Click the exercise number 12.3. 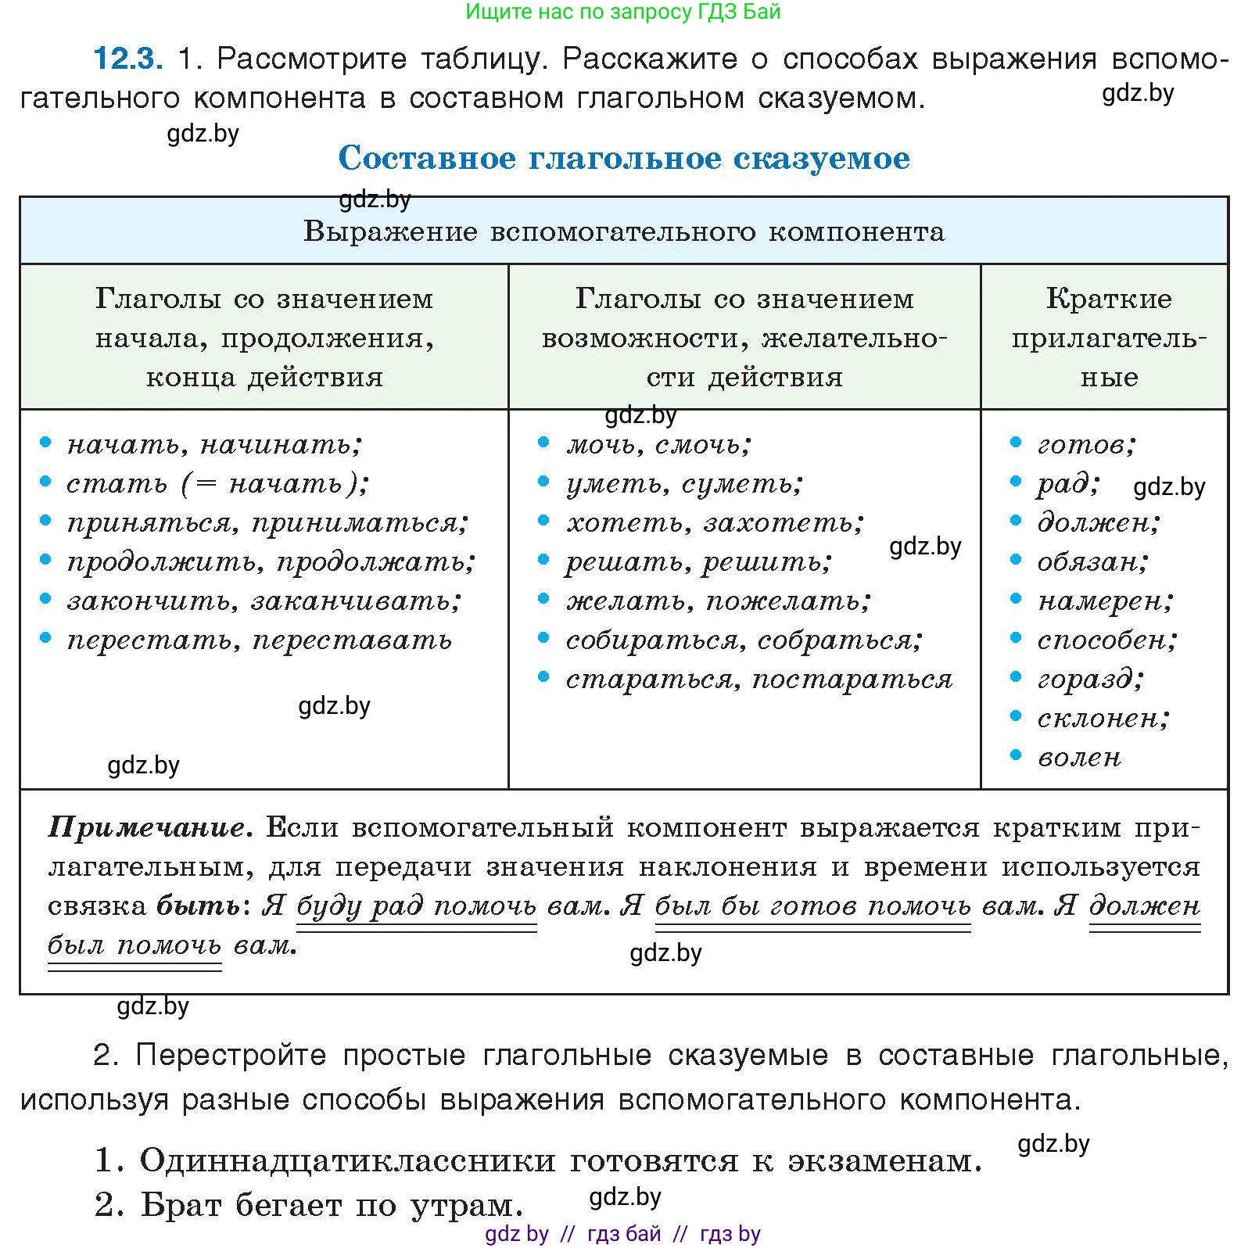click(127, 59)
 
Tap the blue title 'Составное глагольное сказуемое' click(624, 158)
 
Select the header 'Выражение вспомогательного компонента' click(624, 231)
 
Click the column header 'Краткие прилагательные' click(1108, 338)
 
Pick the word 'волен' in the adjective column click(1079, 757)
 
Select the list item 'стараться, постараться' click(758, 679)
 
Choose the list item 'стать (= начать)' click(217, 483)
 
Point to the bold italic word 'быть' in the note click(199, 906)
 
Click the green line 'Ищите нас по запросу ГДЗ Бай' click(623, 12)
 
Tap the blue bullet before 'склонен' click(1016, 716)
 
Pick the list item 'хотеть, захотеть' click(715, 522)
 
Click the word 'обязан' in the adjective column click(1092, 561)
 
